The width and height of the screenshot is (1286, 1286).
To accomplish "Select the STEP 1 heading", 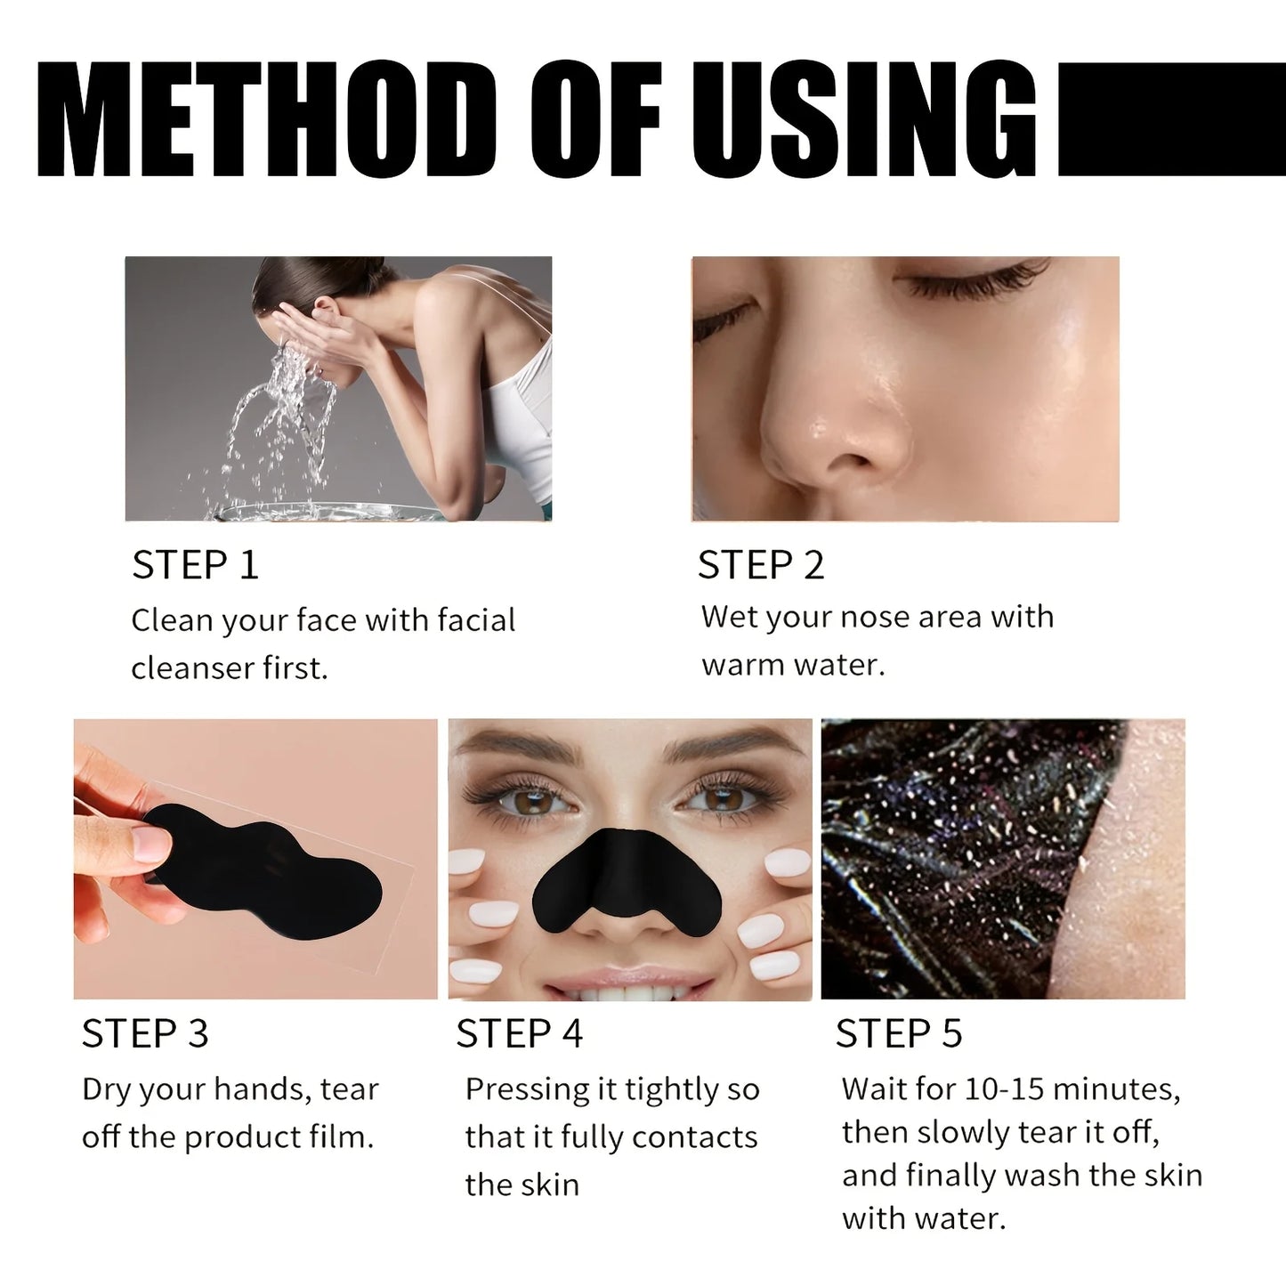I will click(195, 566).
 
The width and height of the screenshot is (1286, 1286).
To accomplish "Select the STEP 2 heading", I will click(761, 566).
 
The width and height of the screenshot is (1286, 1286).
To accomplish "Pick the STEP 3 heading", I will click(145, 1034).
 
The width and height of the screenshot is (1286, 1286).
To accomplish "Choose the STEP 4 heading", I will click(520, 1034).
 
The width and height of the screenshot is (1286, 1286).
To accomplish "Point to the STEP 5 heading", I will click(899, 1034).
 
